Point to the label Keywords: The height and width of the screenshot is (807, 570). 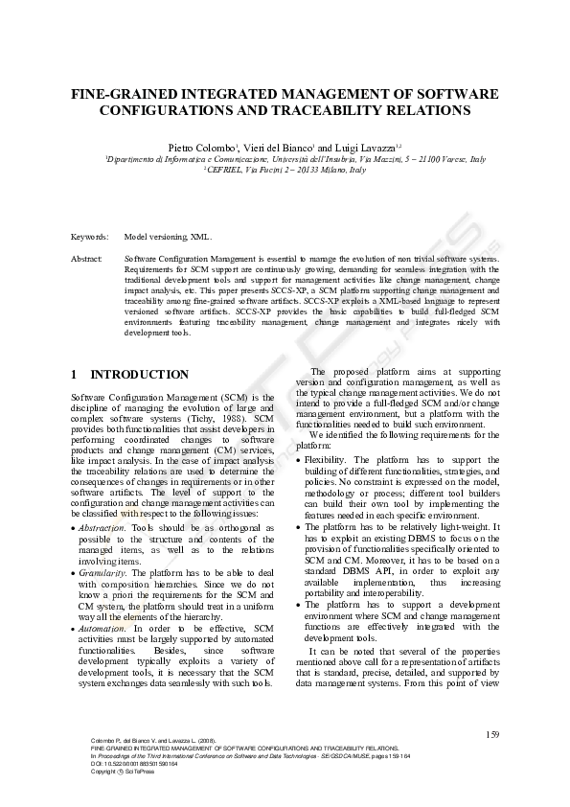[90, 236]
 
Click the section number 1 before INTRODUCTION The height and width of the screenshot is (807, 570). [75, 375]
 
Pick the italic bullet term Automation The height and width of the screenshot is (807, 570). [102, 627]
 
